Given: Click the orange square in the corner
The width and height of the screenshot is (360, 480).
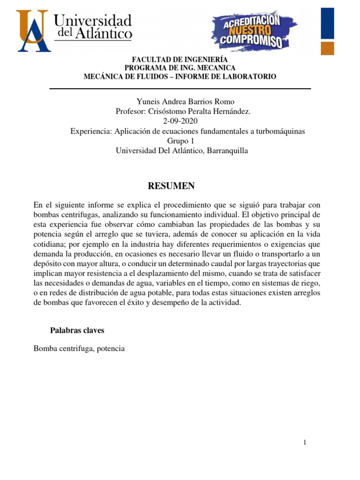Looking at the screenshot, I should (327, 48).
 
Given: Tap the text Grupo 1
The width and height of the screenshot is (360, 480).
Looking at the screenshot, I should (180, 141).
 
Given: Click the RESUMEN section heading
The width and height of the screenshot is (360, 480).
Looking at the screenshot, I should (171, 186).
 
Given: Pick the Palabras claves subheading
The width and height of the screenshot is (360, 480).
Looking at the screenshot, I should (77, 330).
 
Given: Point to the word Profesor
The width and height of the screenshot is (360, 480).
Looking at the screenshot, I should (131, 112).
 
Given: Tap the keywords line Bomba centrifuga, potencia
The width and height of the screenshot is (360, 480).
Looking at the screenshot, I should (79, 349).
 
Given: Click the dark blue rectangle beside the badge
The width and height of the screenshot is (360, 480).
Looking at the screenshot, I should (327, 22).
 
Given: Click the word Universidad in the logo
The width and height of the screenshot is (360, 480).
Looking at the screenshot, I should (93, 21).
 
